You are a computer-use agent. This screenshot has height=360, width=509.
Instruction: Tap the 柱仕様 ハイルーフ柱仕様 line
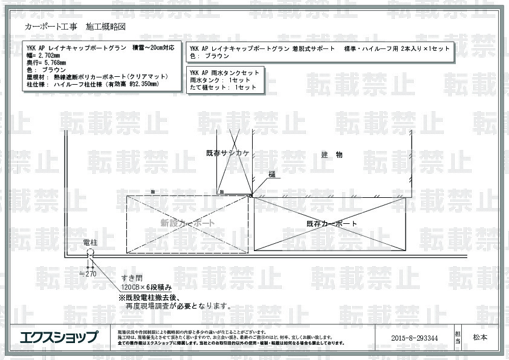tap(92, 84)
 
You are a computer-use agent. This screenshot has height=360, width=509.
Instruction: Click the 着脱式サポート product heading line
tap(319, 48)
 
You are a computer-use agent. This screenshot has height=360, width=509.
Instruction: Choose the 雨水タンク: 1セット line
tap(212, 80)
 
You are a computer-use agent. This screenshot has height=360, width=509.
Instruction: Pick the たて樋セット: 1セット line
tap(215, 88)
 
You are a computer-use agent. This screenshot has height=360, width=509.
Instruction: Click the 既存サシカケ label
tap(228, 154)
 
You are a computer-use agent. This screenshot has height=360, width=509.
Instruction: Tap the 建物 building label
tap(332, 155)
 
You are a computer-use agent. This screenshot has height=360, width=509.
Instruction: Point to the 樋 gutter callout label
tap(272, 174)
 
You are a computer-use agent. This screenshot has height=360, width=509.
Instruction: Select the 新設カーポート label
tap(187, 223)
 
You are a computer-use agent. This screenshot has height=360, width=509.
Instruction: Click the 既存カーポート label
tap(332, 224)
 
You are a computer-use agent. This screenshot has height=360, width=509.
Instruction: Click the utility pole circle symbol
tap(90, 253)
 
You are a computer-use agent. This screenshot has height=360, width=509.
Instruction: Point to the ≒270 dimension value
tap(88, 273)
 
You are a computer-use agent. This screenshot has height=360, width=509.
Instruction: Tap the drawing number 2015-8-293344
tap(414, 338)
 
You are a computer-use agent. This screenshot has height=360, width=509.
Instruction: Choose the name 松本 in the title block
tap(481, 337)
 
